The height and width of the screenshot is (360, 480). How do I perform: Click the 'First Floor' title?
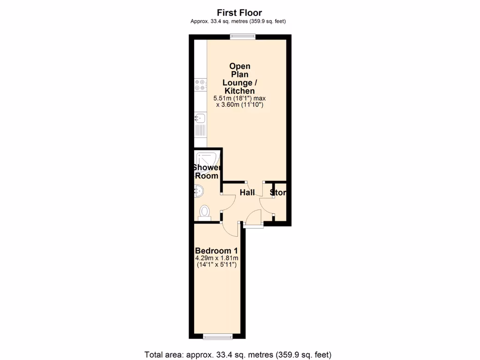[x=239, y=13]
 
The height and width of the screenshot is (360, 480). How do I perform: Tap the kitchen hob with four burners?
[x=200, y=84]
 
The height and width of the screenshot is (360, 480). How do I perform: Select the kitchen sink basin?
[x=200, y=118]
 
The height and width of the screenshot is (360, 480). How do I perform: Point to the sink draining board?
[x=200, y=130]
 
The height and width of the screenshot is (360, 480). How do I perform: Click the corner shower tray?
[x=206, y=158]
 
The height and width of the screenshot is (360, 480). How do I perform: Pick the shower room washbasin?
[x=198, y=191]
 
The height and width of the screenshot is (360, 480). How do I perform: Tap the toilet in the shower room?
[x=204, y=212]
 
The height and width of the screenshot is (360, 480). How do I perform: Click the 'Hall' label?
[x=247, y=193]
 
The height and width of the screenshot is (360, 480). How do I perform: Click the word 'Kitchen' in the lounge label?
[x=239, y=91]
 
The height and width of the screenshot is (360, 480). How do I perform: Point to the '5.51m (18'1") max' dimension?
[x=239, y=98]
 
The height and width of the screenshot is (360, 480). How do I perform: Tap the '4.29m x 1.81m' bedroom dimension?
[x=217, y=258]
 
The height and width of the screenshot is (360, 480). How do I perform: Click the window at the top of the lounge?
[x=242, y=37]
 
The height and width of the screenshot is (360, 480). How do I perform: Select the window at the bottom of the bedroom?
[x=216, y=336]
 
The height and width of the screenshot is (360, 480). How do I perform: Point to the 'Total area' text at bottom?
[x=239, y=354]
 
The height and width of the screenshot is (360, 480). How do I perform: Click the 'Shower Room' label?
[x=207, y=172]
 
